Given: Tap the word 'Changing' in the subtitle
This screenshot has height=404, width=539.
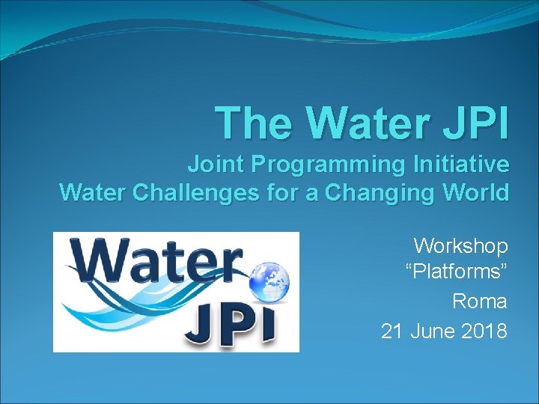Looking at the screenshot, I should tap(386, 195).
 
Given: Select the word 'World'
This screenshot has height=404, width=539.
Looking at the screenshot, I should tap(476, 193).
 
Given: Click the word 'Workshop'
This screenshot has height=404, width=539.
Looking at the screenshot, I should tap(461, 246).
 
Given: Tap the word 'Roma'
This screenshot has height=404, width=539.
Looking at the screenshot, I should tap(480, 302).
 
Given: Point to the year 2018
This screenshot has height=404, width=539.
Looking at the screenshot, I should tap(483, 330).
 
